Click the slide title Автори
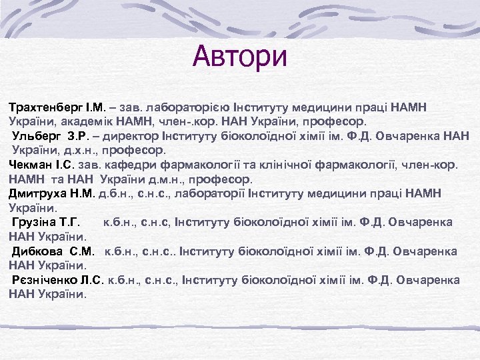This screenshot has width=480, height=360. pyautogui.click(x=240, y=56)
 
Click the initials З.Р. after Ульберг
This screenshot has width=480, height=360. pyautogui.click(x=83, y=137)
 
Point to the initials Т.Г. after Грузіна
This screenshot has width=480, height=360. pyautogui.click(x=73, y=222)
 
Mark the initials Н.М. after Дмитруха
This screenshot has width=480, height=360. pyautogui.click(x=83, y=193)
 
